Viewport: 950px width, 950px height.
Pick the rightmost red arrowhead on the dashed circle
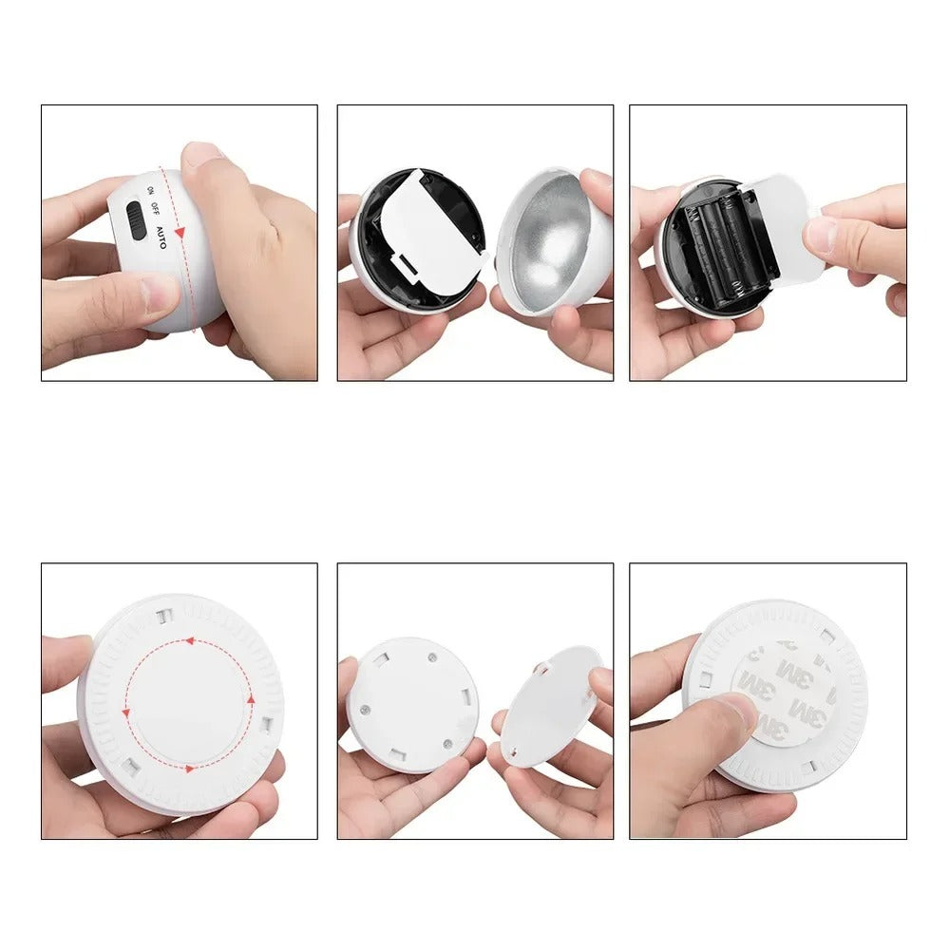pos(251,699)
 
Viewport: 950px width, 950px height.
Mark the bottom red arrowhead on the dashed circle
pos(191,768)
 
